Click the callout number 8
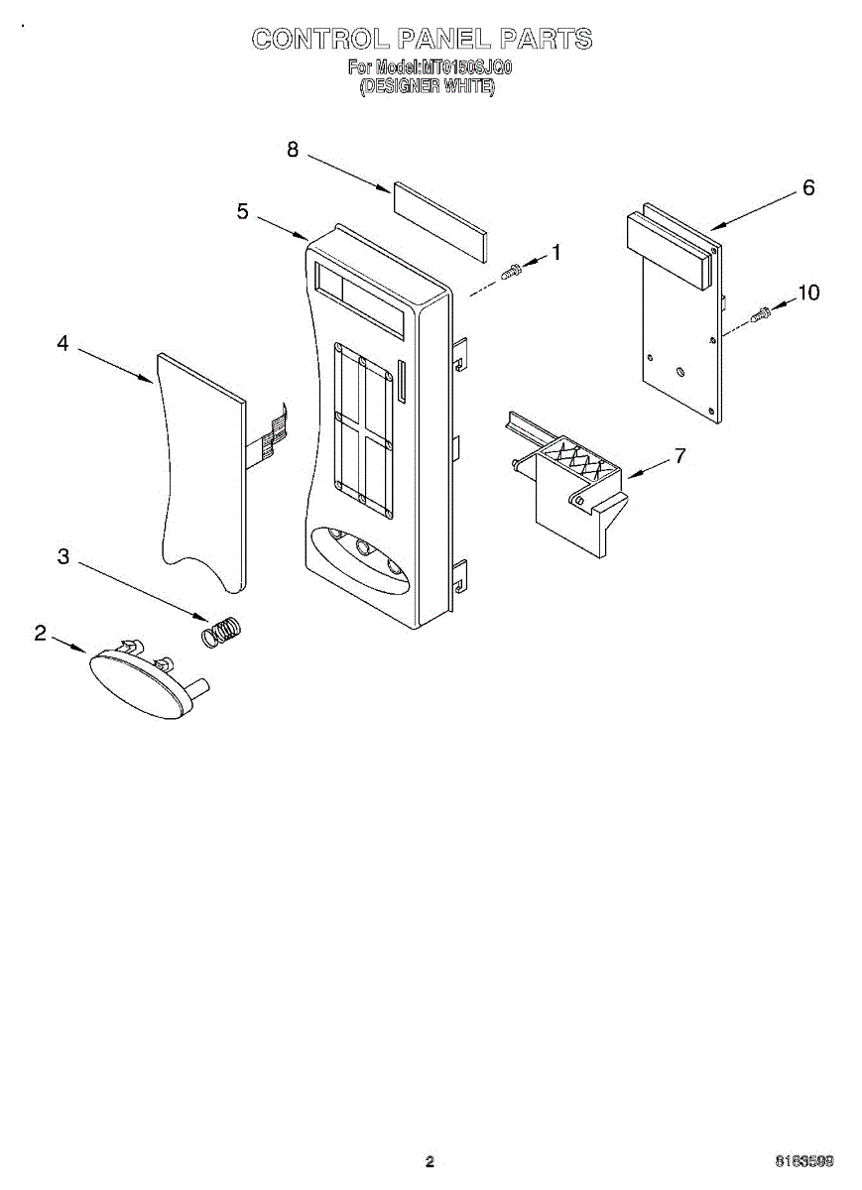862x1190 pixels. coord(293,149)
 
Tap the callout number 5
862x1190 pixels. coord(243,211)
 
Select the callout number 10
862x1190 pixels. coord(808,292)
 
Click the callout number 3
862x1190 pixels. coord(63,557)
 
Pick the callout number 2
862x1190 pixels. coord(41,633)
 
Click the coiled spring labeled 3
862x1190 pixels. coord(222,632)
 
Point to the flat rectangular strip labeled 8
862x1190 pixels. coord(439,220)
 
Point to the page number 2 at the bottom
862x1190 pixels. coord(430,1161)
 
